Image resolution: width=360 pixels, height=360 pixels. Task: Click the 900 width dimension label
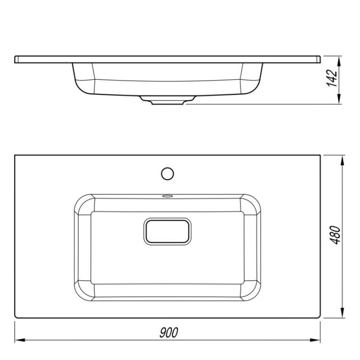click(169, 333)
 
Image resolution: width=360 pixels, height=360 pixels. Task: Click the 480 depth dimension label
click(335, 235)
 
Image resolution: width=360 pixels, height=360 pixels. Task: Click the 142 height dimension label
click(332, 78)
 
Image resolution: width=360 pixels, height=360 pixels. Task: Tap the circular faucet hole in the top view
click(168, 174)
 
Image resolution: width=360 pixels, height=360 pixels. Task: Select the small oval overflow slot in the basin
click(168, 196)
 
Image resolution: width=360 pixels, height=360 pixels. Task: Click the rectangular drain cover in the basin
click(168, 231)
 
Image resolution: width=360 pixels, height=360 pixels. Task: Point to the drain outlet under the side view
click(168, 100)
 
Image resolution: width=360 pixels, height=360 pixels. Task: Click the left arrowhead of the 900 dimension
click(20, 340)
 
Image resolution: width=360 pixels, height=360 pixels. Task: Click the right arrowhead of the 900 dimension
click(315, 340)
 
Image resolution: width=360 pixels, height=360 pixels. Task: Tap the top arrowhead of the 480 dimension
click(342, 160)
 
